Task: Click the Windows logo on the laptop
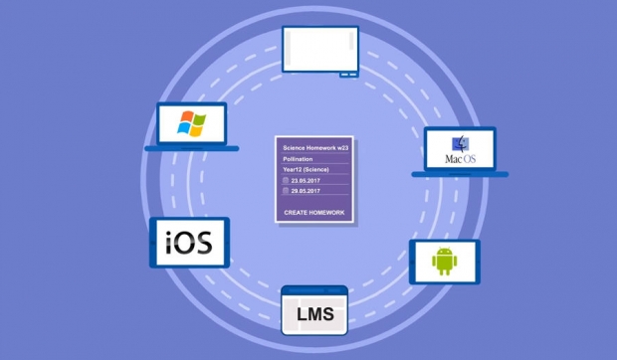click(x=191, y=123)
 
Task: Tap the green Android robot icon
click(x=444, y=262)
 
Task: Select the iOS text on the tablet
click(x=189, y=242)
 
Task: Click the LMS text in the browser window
click(x=315, y=314)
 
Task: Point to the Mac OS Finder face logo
click(x=460, y=144)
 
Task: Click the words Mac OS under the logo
click(x=461, y=159)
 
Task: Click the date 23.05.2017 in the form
click(x=306, y=181)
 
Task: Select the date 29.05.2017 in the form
click(x=306, y=191)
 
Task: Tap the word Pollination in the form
click(x=298, y=159)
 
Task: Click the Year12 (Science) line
click(x=306, y=170)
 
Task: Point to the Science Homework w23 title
click(x=315, y=148)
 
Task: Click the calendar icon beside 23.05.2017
click(x=286, y=180)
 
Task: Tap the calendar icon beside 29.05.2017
click(x=286, y=191)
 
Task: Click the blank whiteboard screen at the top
click(x=320, y=49)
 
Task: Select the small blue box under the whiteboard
click(x=348, y=75)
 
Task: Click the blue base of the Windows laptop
click(x=192, y=148)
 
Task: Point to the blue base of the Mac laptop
click(x=460, y=174)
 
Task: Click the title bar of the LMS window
click(x=314, y=290)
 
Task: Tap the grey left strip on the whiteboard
click(x=289, y=48)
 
